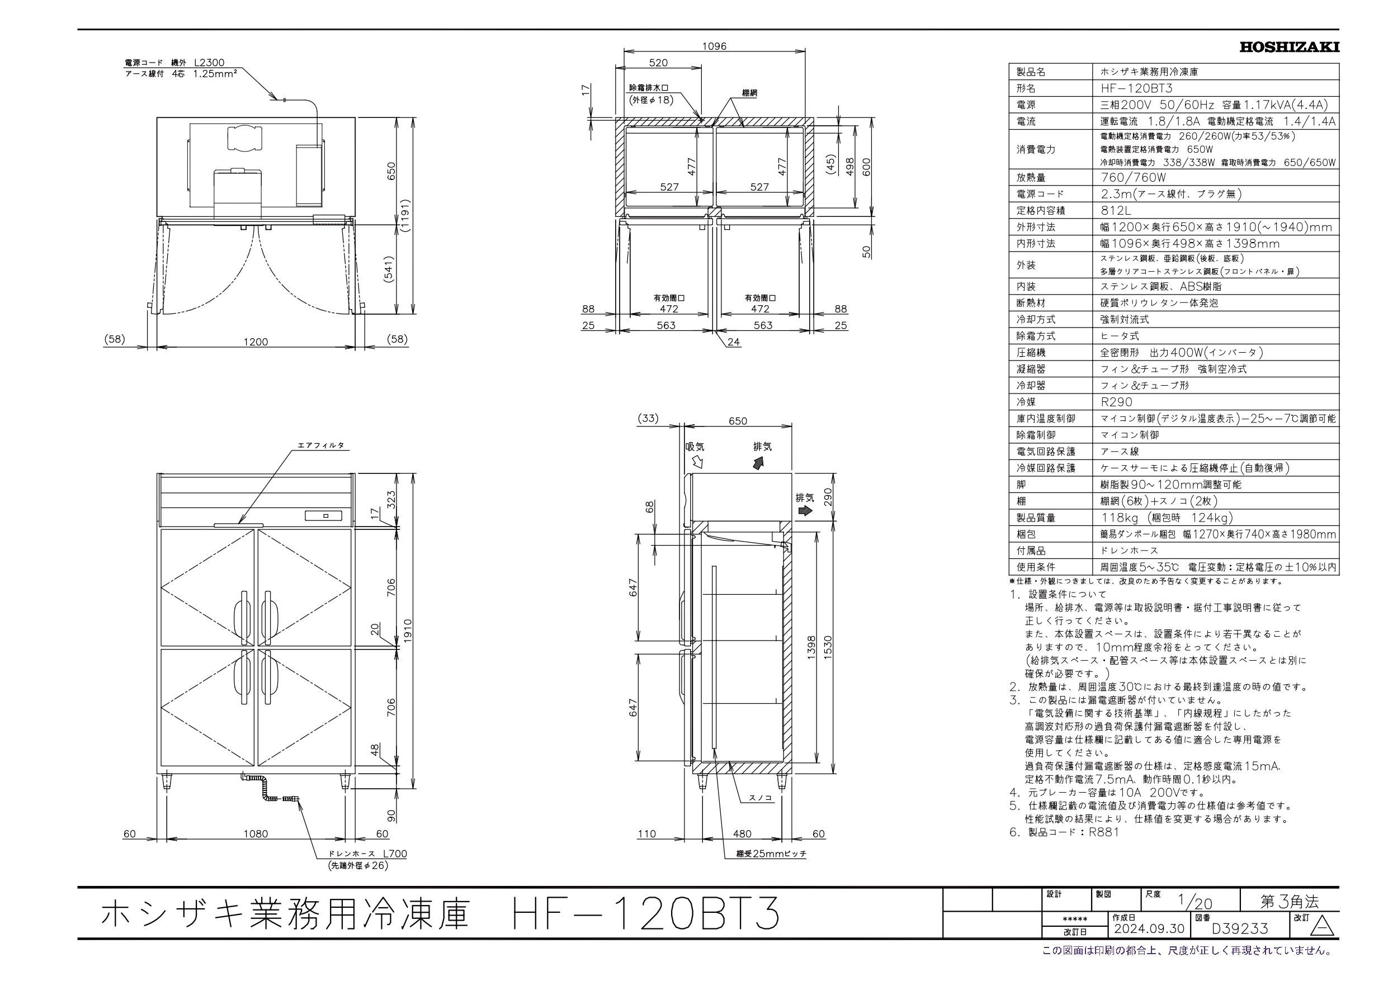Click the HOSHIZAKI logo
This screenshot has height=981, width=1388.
[1289, 47]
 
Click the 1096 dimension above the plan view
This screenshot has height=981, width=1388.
[714, 46]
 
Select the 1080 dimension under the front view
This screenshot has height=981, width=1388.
[255, 833]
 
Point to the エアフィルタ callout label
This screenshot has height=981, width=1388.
[320, 445]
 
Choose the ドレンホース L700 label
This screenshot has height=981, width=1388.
[367, 854]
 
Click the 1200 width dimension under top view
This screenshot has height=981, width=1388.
[255, 342]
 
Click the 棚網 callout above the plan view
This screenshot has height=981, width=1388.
[749, 93]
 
